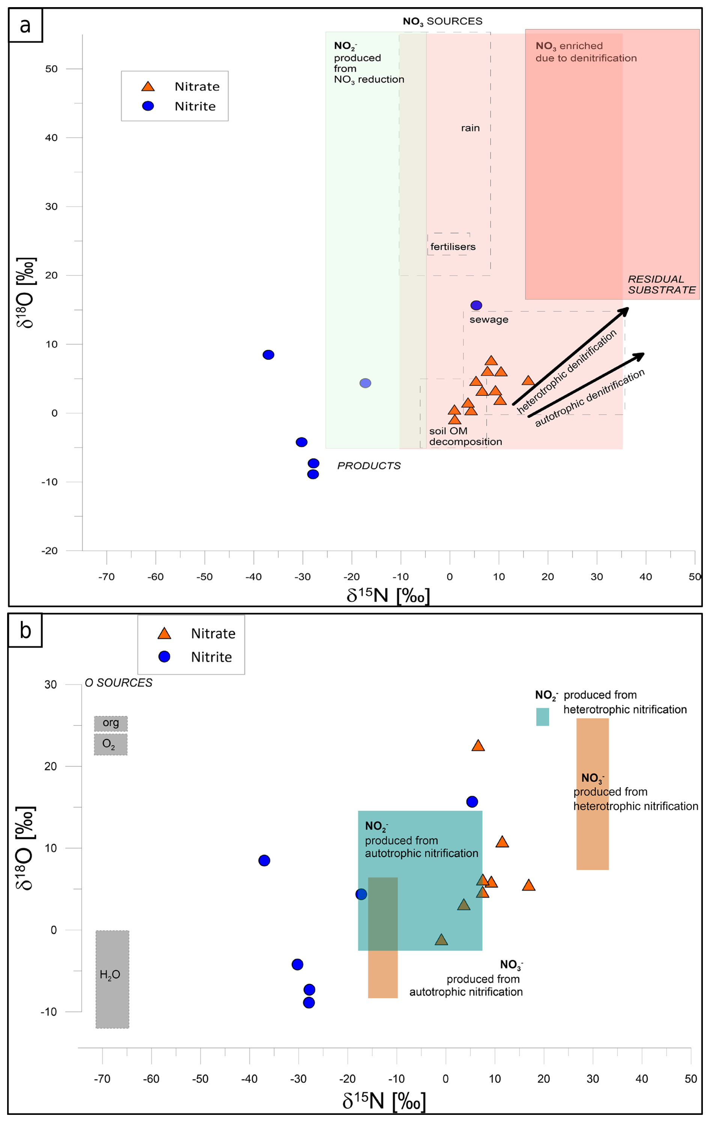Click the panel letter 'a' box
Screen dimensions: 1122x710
25,25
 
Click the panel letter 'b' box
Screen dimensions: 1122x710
25,630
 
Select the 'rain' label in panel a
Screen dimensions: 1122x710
470,128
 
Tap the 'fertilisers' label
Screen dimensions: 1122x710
453,246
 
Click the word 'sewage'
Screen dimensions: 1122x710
488,320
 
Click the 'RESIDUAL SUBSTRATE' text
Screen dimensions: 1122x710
661,285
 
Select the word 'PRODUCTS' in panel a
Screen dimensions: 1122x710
369,465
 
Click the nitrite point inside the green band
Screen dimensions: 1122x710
366,383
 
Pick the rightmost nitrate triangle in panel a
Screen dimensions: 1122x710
528,381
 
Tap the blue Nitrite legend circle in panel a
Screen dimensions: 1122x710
148,106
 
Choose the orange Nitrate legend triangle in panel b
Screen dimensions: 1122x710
164,634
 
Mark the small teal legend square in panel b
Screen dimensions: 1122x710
542,717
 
